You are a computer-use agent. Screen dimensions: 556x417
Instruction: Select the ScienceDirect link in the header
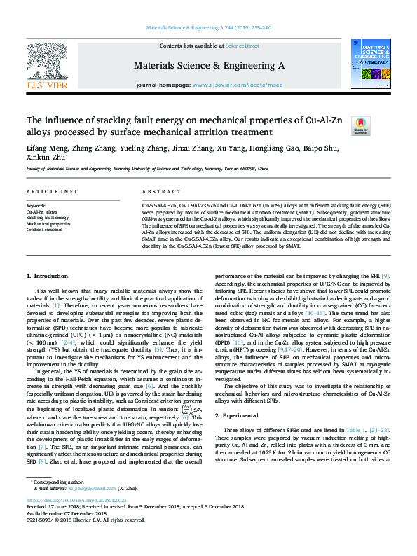(242, 46)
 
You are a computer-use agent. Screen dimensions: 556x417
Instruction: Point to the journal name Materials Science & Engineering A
(209, 64)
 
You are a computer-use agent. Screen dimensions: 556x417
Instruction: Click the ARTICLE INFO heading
(52, 191)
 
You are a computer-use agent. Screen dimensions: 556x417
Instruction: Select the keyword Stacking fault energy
(47, 217)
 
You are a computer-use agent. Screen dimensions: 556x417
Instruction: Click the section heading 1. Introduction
(47, 277)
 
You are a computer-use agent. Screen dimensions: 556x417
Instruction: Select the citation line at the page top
(208, 28)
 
